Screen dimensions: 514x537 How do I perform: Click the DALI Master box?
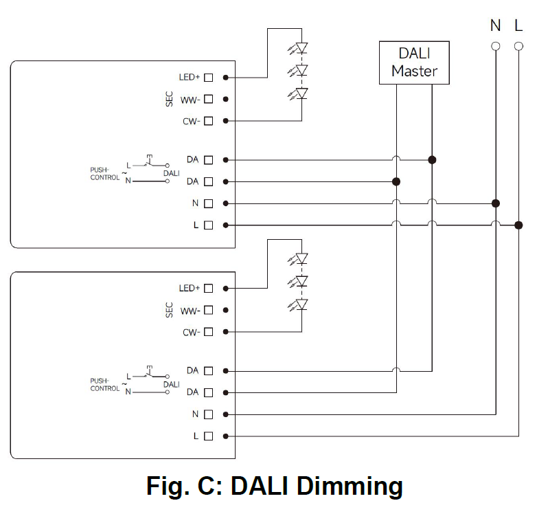tap(414, 63)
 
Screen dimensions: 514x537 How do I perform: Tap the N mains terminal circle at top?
tap(495, 47)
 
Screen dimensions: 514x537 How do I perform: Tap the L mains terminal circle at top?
tap(518, 47)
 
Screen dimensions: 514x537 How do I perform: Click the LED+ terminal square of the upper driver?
tap(208, 78)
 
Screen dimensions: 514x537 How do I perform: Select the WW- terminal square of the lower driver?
tap(208, 311)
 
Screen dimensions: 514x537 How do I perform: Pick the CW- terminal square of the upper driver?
tap(208, 121)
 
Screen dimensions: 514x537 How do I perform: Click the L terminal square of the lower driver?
tap(208, 436)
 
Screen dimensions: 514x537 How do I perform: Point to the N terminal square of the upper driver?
tap(208, 203)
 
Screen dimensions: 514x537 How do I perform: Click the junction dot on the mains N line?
tap(495, 203)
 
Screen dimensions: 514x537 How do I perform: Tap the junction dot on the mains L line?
tap(518, 225)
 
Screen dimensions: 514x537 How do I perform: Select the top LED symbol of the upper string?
tap(300, 48)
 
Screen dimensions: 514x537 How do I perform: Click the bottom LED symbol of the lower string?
tap(300, 304)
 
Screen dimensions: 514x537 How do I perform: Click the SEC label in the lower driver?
tap(170, 310)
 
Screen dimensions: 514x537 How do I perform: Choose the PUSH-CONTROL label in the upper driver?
tap(104, 173)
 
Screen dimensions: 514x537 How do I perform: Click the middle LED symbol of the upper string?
tap(300, 70)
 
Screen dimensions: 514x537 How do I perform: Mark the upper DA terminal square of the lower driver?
tap(208, 371)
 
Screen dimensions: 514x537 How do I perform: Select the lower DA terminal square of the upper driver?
tap(208, 181)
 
